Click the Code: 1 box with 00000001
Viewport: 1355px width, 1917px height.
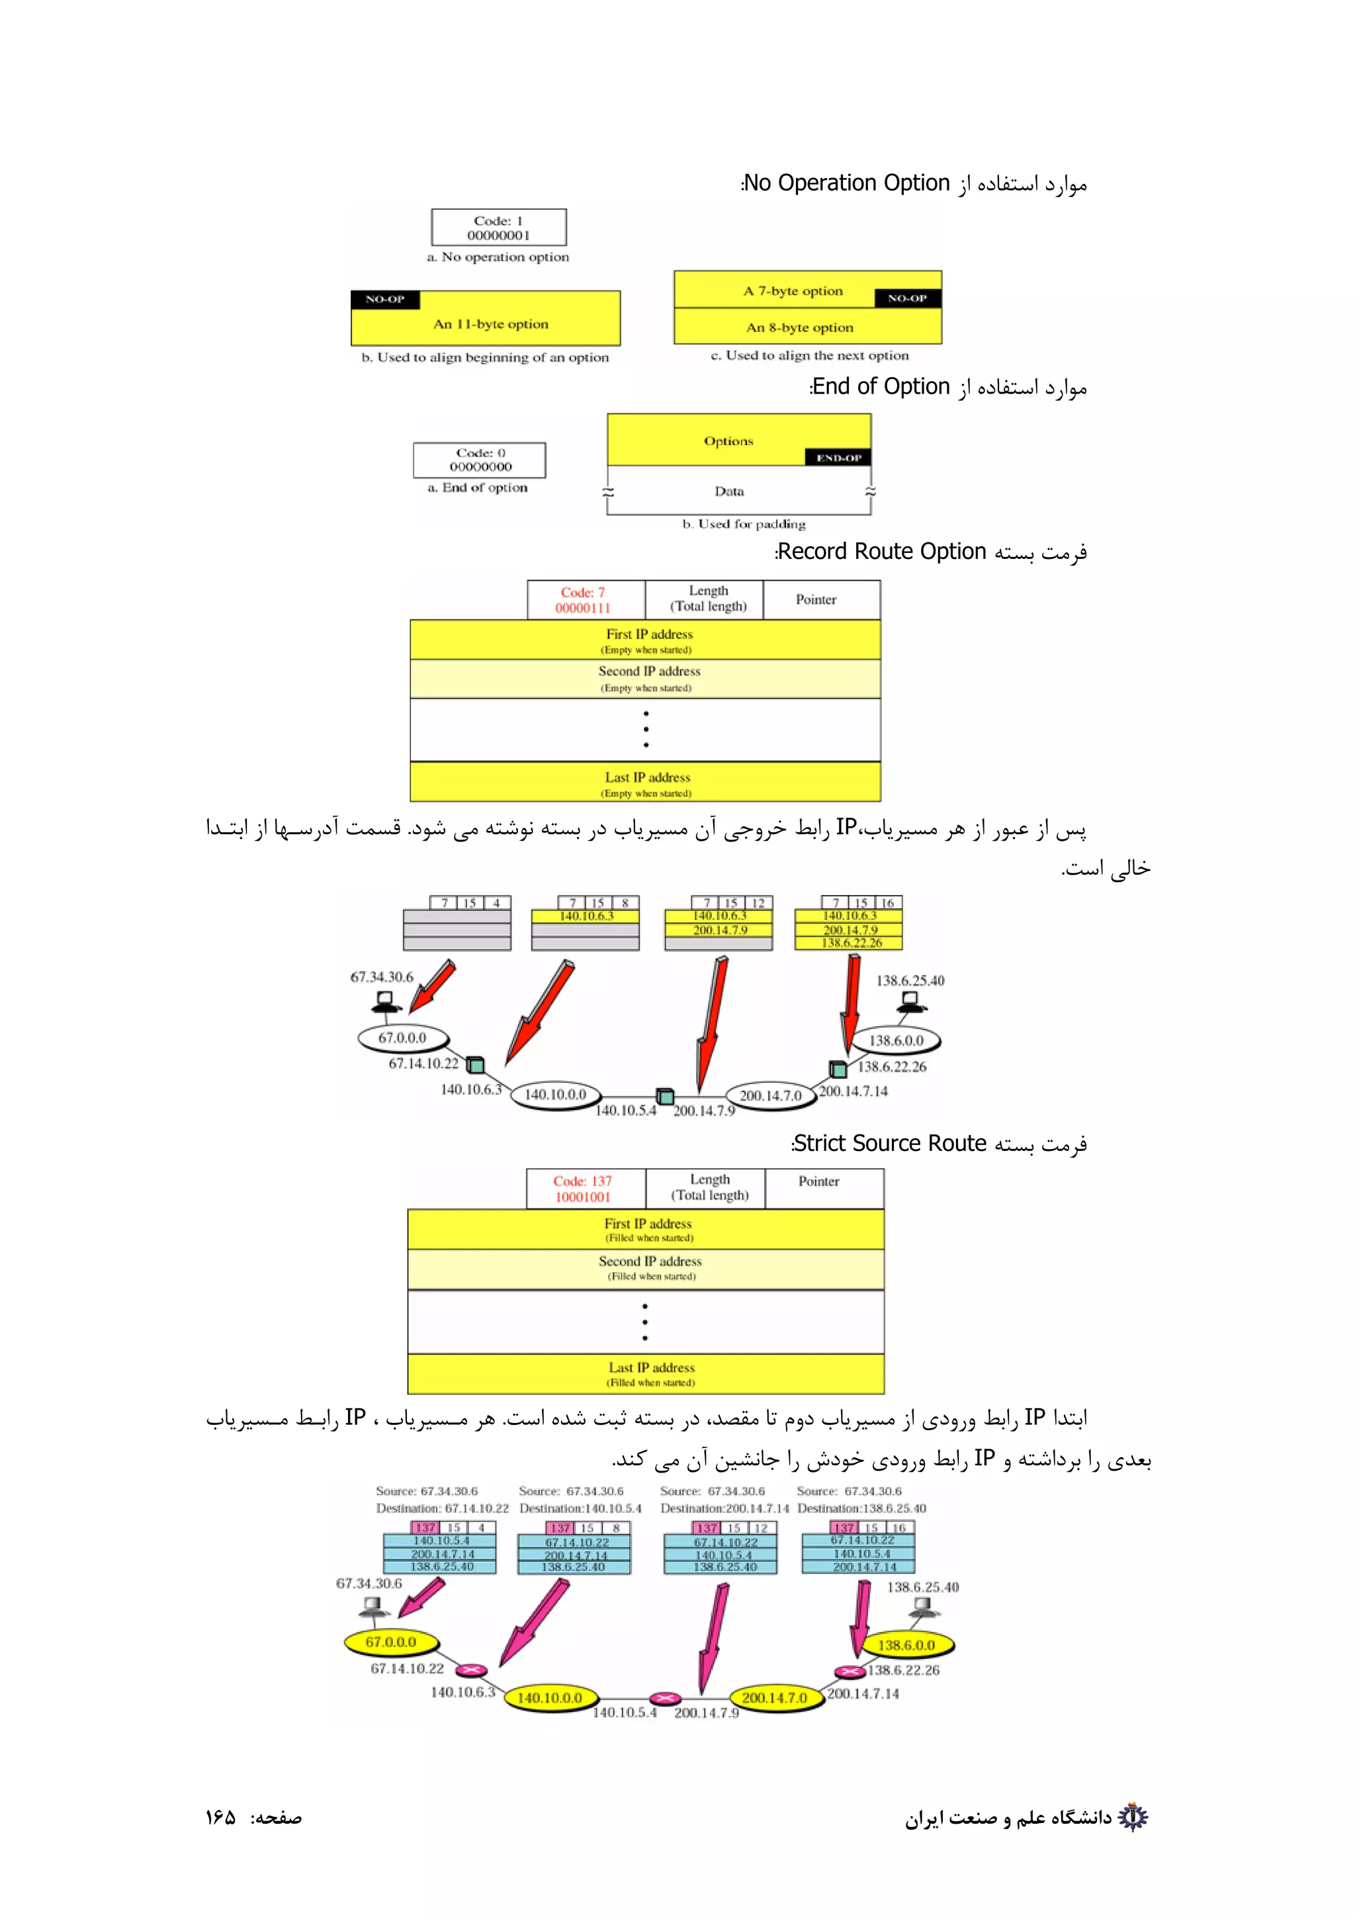498,227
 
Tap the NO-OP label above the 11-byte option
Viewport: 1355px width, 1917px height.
385,300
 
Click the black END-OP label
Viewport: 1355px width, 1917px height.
838,458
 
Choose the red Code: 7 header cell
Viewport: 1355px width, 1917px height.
584,599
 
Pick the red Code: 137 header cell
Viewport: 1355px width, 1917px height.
583,1188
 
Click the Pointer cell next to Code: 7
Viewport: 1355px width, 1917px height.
816,599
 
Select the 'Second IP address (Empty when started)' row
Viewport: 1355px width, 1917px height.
644,679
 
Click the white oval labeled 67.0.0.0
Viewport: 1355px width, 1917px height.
402,1038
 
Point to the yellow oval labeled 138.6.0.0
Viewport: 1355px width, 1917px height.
906,1645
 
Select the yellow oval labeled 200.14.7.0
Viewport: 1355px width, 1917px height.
774,1697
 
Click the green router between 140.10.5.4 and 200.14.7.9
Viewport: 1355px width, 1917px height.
664,1095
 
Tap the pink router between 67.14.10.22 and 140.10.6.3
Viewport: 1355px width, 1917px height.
471,1670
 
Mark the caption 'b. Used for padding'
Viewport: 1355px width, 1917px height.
743,525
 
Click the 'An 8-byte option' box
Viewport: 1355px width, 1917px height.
800,327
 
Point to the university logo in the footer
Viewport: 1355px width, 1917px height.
1132,1817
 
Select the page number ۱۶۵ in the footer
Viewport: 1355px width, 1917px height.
221,1818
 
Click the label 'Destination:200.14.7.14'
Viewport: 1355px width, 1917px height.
724,1508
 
